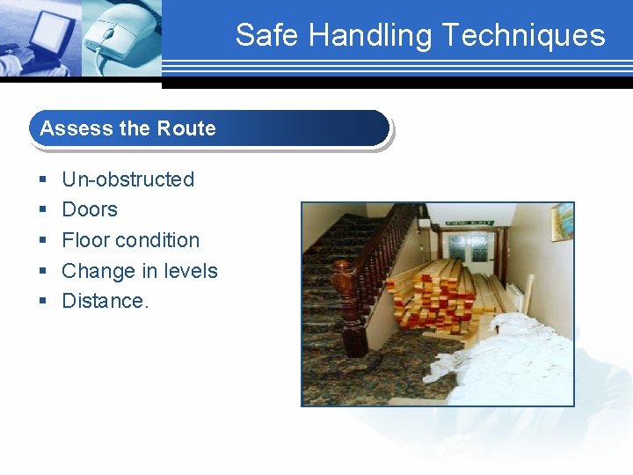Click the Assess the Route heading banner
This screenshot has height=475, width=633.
click(209, 128)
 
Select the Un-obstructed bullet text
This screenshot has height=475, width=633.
click(127, 179)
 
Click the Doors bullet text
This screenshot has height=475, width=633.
click(90, 209)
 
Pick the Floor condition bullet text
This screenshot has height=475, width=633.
click(130, 240)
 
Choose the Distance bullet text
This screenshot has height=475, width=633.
click(105, 301)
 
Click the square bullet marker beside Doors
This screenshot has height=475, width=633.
click(42, 210)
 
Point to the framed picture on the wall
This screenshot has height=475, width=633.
click(562, 222)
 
